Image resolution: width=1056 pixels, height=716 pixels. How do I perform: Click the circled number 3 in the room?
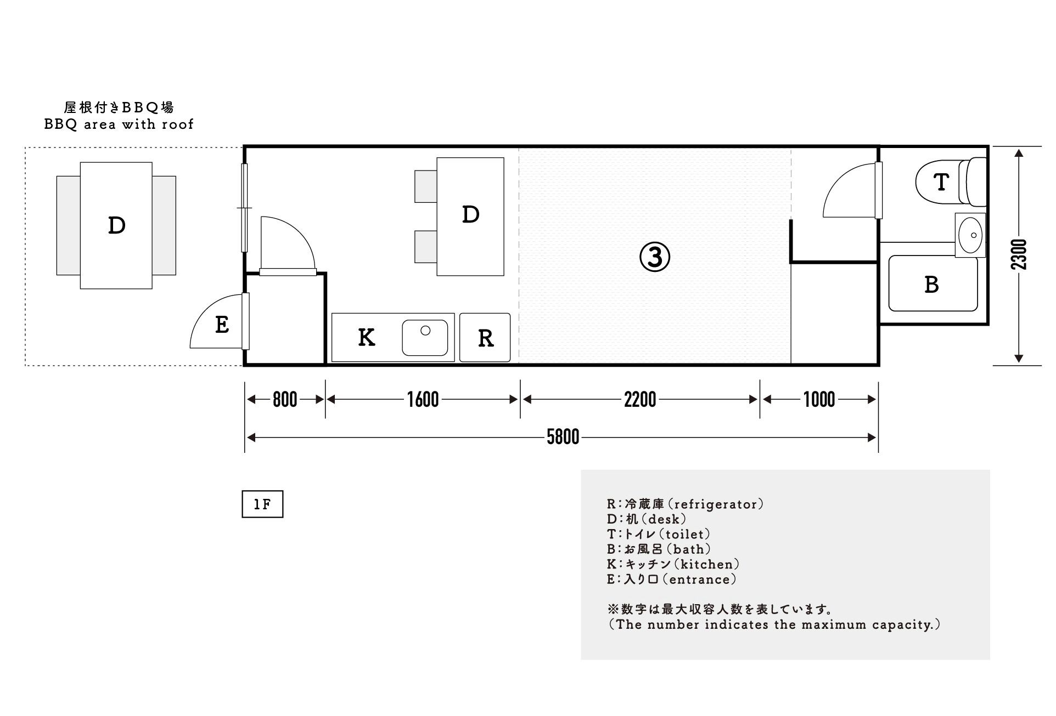point(655,257)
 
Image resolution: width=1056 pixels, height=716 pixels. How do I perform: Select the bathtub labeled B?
point(933,284)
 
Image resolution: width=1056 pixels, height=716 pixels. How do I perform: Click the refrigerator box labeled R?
point(485,338)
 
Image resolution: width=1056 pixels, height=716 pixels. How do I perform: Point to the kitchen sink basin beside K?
point(425,337)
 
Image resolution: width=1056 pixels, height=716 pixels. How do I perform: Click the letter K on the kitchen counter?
point(366,337)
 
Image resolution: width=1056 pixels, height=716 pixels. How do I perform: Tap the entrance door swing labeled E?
point(221,325)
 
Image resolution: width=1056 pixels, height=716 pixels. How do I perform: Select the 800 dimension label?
point(285,400)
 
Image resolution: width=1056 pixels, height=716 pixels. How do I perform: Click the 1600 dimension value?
point(423,400)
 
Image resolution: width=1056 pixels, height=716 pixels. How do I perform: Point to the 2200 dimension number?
point(640,400)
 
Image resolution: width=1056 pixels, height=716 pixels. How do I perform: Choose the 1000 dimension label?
point(819,400)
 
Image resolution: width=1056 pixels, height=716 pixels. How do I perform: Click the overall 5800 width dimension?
point(563,437)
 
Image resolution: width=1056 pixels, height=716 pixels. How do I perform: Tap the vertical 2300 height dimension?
point(1019,254)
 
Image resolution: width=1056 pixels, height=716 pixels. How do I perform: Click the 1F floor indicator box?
point(262,504)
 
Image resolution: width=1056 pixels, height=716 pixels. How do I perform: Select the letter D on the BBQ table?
point(116,225)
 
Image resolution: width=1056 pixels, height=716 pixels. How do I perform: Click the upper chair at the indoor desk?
point(425,186)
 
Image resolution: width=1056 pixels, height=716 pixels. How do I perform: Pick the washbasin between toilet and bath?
point(970,235)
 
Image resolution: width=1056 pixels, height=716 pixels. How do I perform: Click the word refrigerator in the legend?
point(717,504)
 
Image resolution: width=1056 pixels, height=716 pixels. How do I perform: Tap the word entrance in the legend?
point(700,579)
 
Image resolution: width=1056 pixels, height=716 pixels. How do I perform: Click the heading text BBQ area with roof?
point(119,124)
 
